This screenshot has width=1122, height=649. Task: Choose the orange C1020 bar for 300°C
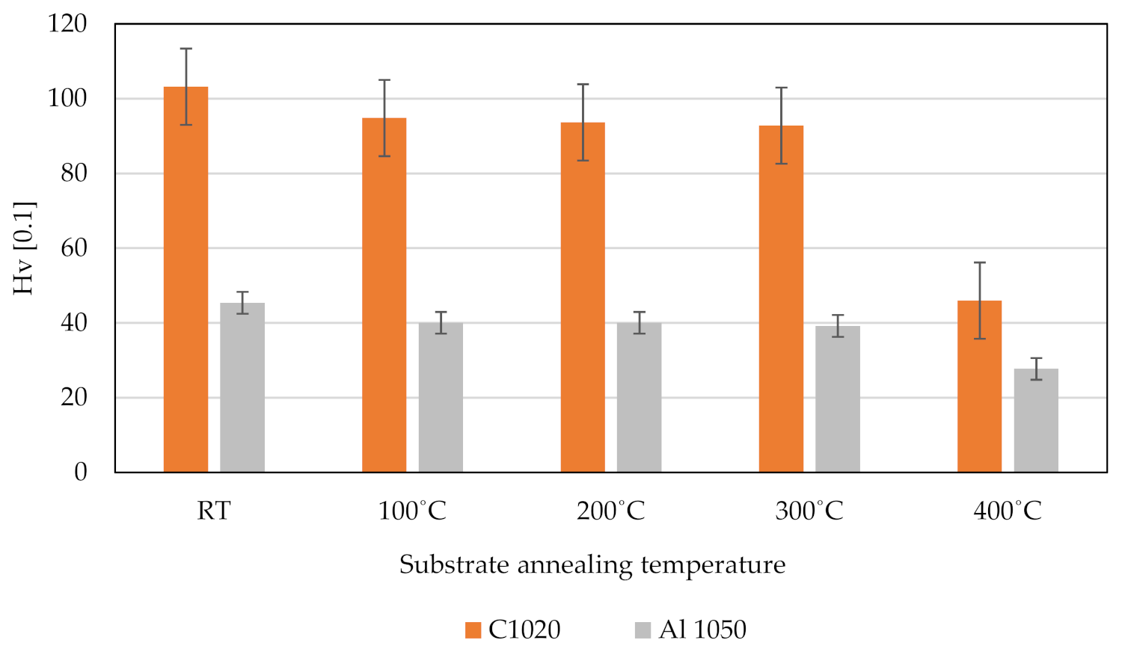click(x=781, y=298)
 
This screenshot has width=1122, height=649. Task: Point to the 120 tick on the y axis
click(x=67, y=24)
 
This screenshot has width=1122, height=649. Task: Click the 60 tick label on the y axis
click(x=73, y=248)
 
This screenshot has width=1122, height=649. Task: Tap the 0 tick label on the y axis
click(x=81, y=473)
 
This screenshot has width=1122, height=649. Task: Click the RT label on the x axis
click(x=214, y=511)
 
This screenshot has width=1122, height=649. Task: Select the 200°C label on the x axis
click(x=610, y=511)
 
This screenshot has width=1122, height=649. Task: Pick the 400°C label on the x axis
click(x=1007, y=511)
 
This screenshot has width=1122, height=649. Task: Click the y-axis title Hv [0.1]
click(x=24, y=248)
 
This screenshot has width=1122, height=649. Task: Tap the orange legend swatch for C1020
click(x=473, y=630)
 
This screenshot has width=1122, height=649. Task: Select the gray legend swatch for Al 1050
click(x=643, y=630)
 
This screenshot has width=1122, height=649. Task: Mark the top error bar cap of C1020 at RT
click(x=186, y=49)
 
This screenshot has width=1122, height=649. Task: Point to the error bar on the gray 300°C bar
click(x=838, y=326)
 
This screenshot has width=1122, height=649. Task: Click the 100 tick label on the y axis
click(x=67, y=99)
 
